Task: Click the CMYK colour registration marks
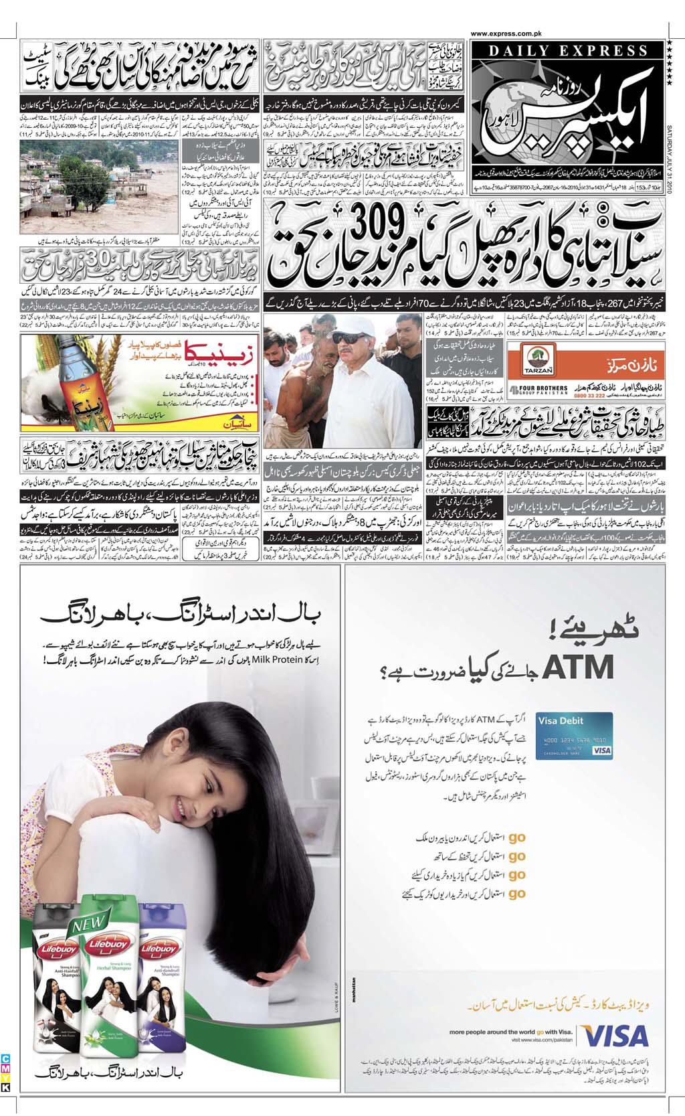click(x=5, y=1074)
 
